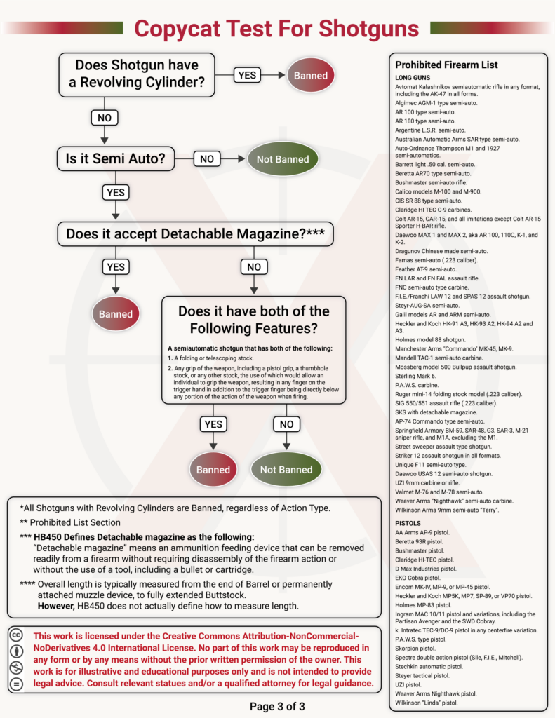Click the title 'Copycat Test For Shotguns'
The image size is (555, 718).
coord(276,28)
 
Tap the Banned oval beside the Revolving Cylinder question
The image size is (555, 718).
coord(310,75)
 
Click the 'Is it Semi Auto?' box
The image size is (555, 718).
coord(116,159)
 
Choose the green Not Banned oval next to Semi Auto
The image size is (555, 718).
coord(282,159)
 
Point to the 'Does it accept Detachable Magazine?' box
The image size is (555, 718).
coord(195,235)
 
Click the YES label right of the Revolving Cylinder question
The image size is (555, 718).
coord(248,75)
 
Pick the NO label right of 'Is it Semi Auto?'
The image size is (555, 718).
coord(206,159)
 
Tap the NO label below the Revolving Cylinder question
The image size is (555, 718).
coord(104,117)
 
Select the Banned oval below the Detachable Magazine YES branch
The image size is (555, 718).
coord(115,313)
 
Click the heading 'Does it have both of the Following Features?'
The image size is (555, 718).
coord(253,319)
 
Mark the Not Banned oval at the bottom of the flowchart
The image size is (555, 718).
coord(286,470)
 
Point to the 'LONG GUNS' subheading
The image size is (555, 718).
coord(418,77)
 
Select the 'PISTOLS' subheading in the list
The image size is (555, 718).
coord(412,523)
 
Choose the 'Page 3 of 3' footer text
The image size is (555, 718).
coord(277,706)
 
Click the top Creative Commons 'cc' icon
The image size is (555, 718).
coord(15,635)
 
